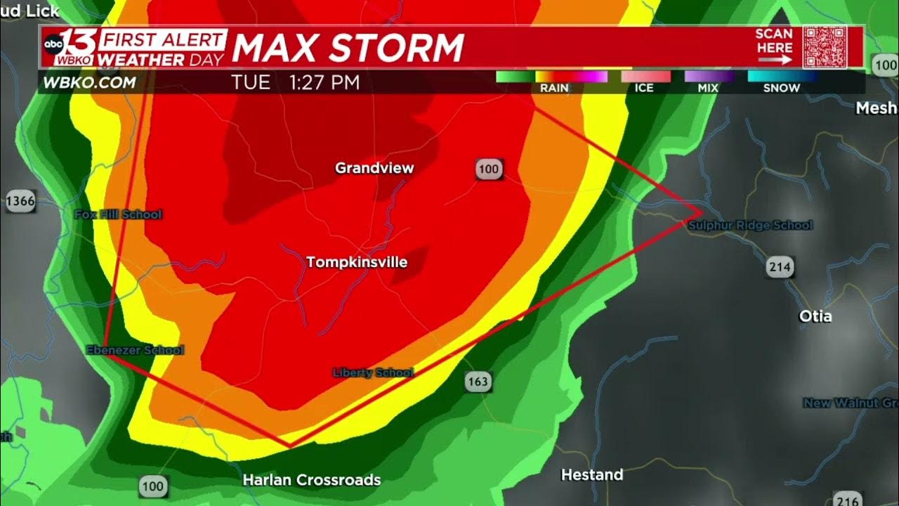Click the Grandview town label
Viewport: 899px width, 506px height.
(374, 168)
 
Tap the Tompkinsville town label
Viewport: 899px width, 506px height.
(357, 262)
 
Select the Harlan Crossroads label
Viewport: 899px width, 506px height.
(311, 480)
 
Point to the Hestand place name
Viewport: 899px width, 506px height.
(592, 475)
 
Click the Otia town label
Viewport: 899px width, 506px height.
(815, 316)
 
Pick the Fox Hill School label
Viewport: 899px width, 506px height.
(118, 214)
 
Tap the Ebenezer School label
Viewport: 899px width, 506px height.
(135, 350)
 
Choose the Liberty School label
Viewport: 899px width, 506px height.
(373, 372)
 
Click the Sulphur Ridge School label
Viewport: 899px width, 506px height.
(749, 225)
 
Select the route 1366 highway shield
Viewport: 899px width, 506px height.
(20, 202)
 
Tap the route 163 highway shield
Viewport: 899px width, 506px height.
(477, 382)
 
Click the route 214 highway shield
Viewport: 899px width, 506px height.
(780, 267)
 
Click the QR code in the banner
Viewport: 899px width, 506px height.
(825, 47)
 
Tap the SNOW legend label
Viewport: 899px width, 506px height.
(781, 88)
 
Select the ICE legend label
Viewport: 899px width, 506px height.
(644, 88)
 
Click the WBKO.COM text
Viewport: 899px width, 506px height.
(89, 82)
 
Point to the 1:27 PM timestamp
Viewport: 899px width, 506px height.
(324, 82)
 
